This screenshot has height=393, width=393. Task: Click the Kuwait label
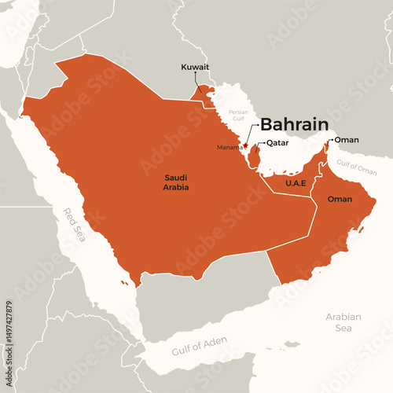pyautogui.click(x=195, y=68)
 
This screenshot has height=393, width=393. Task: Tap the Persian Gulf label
pyautogui.click(x=238, y=115)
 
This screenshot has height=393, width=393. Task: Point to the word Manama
pyautogui.click(x=229, y=147)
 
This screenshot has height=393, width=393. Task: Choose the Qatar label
pyautogui.click(x=279, y=143)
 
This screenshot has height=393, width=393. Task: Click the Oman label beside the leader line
pyautogui.click(x=347, y=140)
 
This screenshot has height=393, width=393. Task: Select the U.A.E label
pyautogui.click(x=296, y=182)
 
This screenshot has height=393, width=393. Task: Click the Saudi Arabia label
pyautogui.click(x=176, y=182)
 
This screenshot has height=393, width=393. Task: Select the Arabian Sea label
pyautogui.click(x=343, y=322)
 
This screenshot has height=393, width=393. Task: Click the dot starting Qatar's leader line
pyautogui.click(x=262, y=143)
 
